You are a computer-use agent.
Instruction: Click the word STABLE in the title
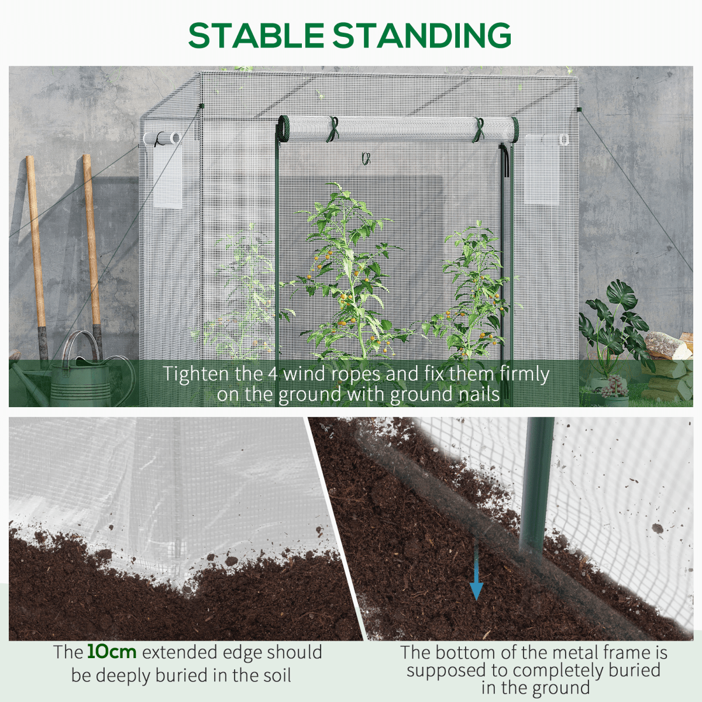(256, 35)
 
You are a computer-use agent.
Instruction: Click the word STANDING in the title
(422, 35)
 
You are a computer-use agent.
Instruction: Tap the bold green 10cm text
(112, 652)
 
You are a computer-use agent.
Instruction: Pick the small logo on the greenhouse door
(366, 159)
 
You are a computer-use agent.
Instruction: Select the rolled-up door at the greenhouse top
(398, 129)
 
